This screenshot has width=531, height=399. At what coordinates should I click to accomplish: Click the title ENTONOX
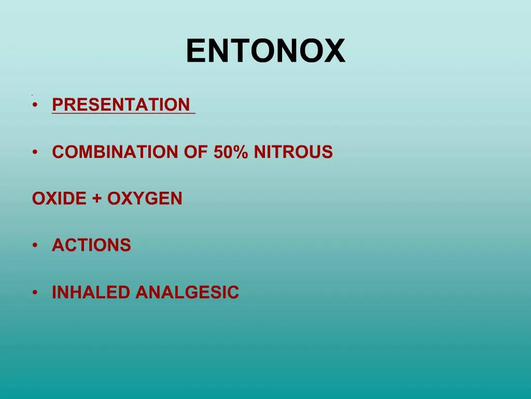coord(265,51)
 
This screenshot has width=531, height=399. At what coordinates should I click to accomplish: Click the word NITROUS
coord(293,152)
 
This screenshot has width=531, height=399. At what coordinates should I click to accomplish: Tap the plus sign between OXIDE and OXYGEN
coord(97,199)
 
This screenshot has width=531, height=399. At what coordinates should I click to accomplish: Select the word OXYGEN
coord(145,198)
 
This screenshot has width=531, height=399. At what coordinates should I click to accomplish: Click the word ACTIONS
coord(91,245)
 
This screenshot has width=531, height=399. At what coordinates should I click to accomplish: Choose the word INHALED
coord(91,292)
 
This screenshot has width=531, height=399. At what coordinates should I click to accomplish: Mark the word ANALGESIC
coord(187,292)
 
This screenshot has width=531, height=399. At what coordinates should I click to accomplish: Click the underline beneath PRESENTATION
coord(123,114)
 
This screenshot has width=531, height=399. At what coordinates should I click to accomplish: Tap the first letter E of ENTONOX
coord(195,51)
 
